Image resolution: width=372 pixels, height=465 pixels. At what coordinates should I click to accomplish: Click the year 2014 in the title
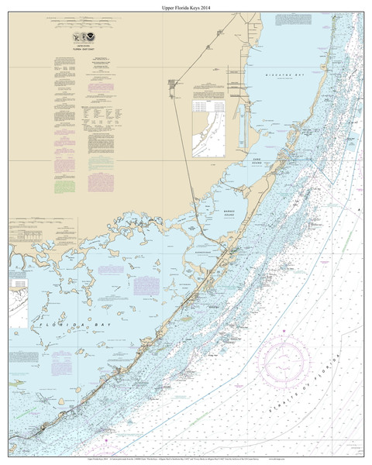tap(204, 8)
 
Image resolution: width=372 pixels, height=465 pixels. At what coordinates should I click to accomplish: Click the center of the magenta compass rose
tap(286, 359)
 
